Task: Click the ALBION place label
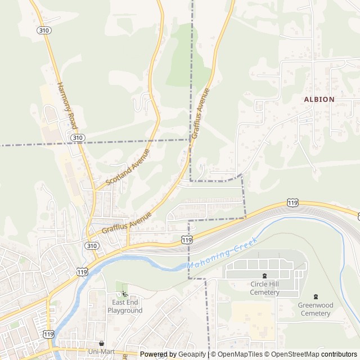(x=319, y=99)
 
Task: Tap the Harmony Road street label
(x=66, y=106)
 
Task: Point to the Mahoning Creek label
(x=222, y=253)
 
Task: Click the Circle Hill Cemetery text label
(x=265, y=288)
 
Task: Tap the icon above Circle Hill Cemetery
(x=265, y=276)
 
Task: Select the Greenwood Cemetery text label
(x=316, y=309)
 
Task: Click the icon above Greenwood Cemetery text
(x=316, y=296)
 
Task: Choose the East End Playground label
(x=125, y=306)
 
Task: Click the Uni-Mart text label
(x=102, y=352)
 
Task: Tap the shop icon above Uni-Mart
(x=102, y=343)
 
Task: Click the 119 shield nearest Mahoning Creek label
(x=187, y=240)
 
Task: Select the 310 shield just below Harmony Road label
(x=78, y=137)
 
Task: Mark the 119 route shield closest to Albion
(x=292, y=202)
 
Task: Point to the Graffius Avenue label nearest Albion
(x=200, y=113)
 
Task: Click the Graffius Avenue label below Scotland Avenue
(x=127, y=223)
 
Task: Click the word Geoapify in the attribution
(x=192, y=354)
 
